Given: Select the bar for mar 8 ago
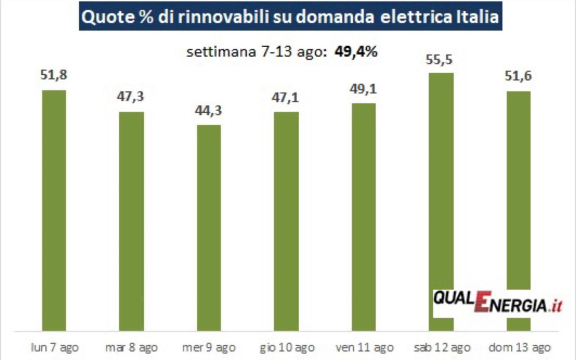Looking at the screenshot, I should (131, 221).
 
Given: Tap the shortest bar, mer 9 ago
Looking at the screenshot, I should (209, 228).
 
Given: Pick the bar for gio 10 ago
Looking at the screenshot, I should (286, 221).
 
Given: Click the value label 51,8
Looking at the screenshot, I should (54, 75).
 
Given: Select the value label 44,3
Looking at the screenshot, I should (209, 110).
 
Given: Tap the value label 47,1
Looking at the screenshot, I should (286, 97).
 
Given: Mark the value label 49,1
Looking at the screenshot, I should (364, 89).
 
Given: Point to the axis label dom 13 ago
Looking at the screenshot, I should (519, 347).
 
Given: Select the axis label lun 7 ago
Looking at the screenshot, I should (54, 347).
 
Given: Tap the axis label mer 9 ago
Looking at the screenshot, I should (209, 347).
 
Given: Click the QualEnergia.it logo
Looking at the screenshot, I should (497, 302).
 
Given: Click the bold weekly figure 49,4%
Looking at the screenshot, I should (355, 52).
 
